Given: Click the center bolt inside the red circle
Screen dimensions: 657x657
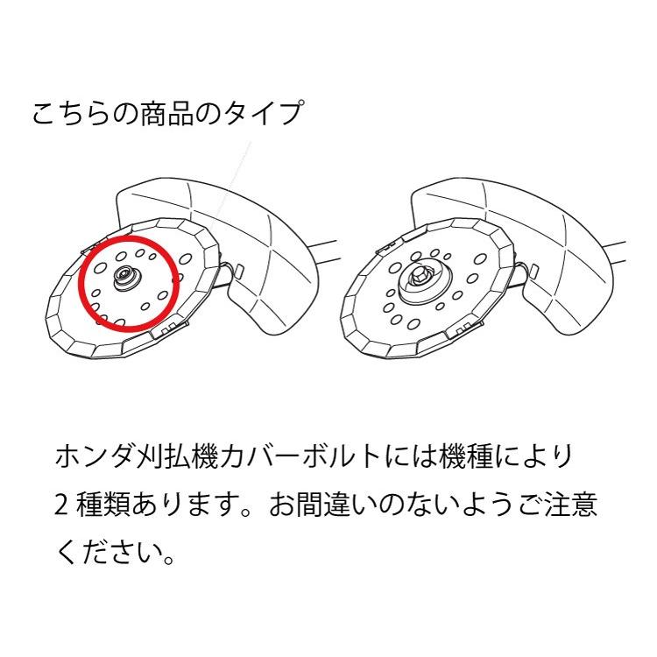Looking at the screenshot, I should [124, 279].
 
